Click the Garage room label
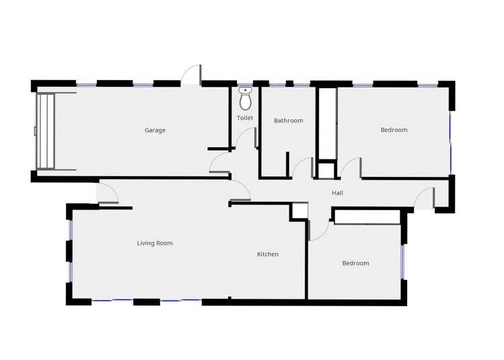click(155, 131)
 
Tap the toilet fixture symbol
click(245, 98)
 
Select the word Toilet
click(245, 118)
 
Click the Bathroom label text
click(288, 121)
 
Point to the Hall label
click(337, 193)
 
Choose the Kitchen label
click(267, 254)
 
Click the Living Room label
click(155, 244)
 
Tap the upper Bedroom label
click(394, 130)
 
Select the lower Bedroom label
click(355, 263)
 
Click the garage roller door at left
click(45, 131)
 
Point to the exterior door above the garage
click(192, 75)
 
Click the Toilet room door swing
click(246, 138)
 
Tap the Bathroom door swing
click(303, 168)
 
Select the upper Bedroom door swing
click(351, 168)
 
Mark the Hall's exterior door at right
click(425, 199)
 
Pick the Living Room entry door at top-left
click(108, 193)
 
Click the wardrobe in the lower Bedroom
click(367, 217)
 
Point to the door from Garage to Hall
click(219, 163)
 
